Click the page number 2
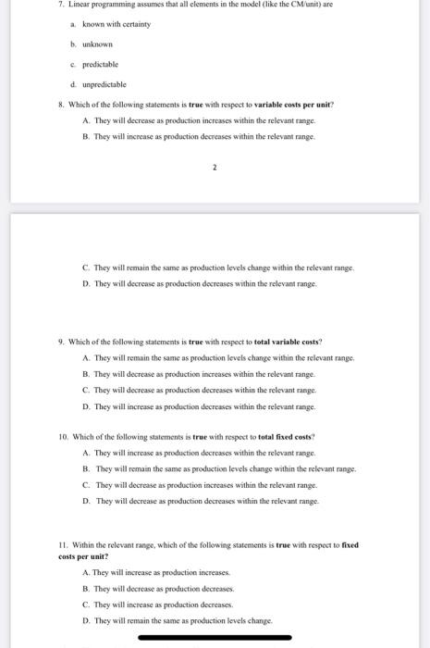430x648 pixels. pyautogui.click(x=215, y=169)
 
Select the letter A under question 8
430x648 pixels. pyautogui.click(x=85, y=120)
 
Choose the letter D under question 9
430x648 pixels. pyautogui.click(x=85, y=405)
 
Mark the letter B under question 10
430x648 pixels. pyautogui.click(x=85, y=469)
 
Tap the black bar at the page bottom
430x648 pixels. pyautogui.click(x=215, y=638)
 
